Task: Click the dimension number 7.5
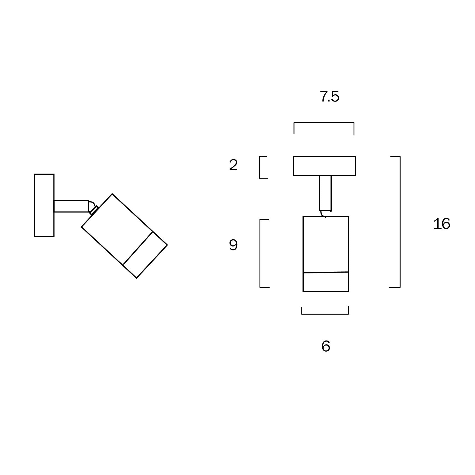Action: point(329,97)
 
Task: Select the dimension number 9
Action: point(233,245)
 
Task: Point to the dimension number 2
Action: point(233,165)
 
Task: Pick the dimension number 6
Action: point(326,346)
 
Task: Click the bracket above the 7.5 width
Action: point(324,123)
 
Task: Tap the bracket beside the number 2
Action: point(260,167)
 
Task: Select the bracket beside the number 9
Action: point(260,253)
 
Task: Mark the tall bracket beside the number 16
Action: point(400,222)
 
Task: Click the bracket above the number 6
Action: point(325,314)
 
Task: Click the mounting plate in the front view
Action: point(324,166)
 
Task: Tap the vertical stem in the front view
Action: point(325,193)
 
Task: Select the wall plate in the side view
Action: point(44,205)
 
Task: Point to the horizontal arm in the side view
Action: point(71,206)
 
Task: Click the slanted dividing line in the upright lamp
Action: point(326,272)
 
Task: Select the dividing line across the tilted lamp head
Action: point(138,248)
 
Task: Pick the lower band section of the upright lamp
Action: point(326,282)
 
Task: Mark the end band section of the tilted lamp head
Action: point(145,255)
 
